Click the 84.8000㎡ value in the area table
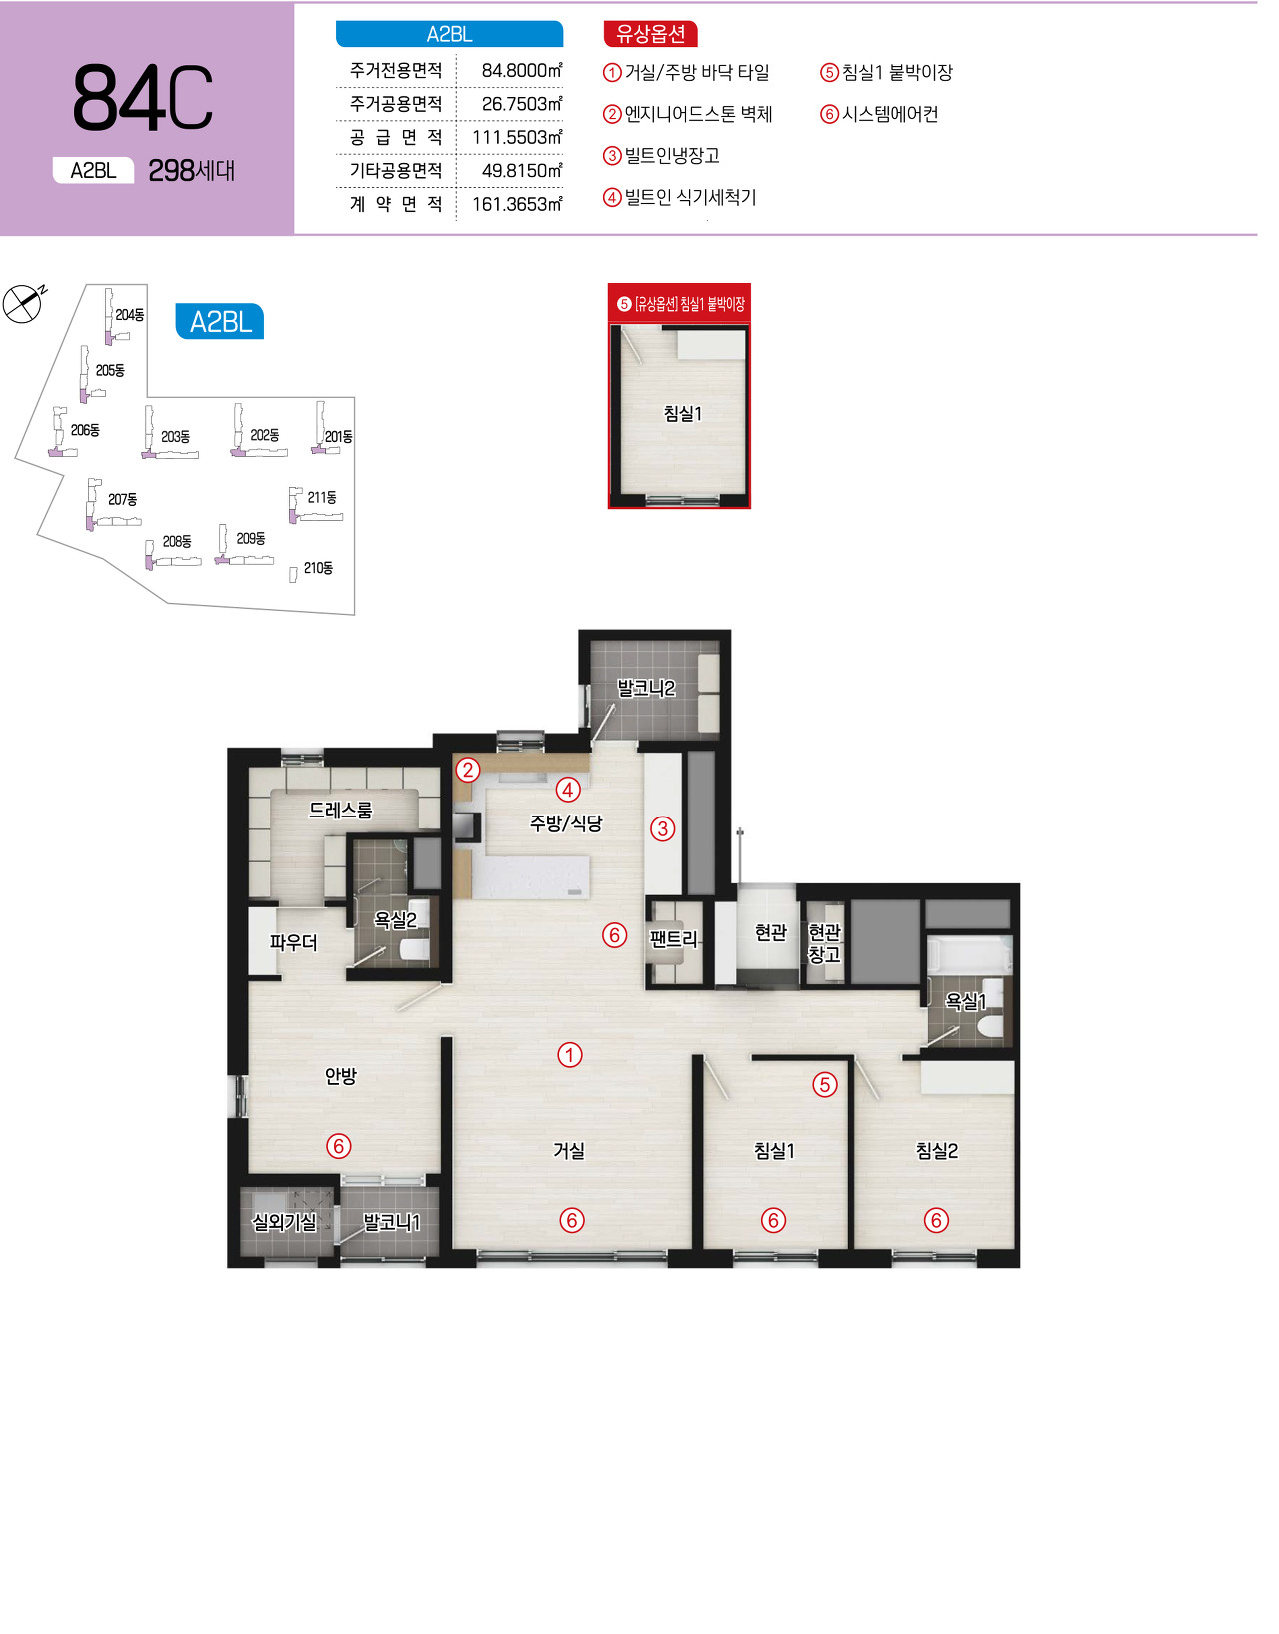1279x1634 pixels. tap(522, 70)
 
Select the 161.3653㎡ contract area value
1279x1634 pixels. tap(517, 204)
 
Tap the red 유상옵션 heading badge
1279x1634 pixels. tap(650, 34)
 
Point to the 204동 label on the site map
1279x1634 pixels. tap(129, 315)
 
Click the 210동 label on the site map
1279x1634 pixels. tap(318, 568)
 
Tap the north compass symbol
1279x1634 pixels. tap(23, 303)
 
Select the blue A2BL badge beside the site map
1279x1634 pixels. tap(220, 321)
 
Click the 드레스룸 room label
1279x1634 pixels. tap(341, 810)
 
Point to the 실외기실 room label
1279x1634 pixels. tap(284, 1222)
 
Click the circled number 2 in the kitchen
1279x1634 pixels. tap(468, 770)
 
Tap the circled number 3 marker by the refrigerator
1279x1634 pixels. tap(662, 828)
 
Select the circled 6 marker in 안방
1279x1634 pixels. tap(338, 1146)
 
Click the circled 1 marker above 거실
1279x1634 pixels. tap(569, 1055)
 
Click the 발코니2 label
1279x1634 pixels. tap(646, 688)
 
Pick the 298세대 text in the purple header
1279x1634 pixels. tap(192, 171)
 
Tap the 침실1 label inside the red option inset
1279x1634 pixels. tap(683, 413)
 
